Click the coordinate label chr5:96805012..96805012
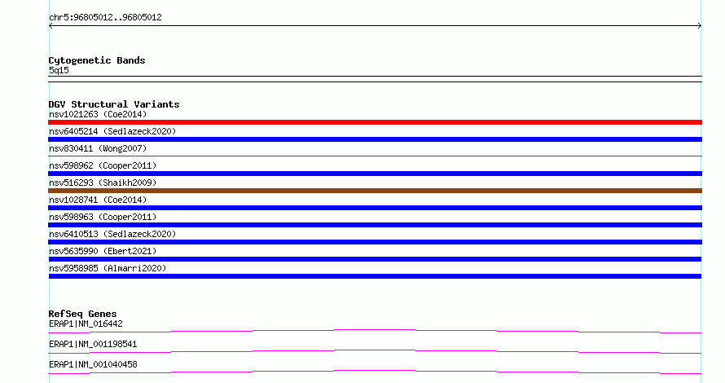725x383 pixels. [x=105, y=18]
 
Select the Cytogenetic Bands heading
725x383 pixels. [x=97, y=60]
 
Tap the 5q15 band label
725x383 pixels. [x=59, y=70]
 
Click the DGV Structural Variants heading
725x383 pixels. [x=114, y=104]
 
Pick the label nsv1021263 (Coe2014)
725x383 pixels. [x=98, y=114]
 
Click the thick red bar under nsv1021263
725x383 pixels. [x=375, y=122]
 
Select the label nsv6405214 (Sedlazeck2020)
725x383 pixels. [x=112, y=131]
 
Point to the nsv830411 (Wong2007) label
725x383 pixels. [x=98, y=148]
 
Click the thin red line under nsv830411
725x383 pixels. [x=375, y=156]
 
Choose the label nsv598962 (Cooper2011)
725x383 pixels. [x=103, y=165]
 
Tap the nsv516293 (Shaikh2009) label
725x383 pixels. [x=103, y=183]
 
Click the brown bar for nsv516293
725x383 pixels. [x=375, y=191]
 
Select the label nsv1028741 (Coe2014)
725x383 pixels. [x=98, y=200]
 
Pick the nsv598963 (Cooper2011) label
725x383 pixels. [x=103, y=217]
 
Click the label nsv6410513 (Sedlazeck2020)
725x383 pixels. [x=112, y=234]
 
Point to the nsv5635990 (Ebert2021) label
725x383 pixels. [x=103, y=251]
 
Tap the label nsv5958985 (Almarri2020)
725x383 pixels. [x=108, y=268]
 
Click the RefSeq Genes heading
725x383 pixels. [x=82, y=314]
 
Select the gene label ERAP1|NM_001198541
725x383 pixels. [x=93, y=344]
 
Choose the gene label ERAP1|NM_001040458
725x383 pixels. [x=93, y=364]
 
